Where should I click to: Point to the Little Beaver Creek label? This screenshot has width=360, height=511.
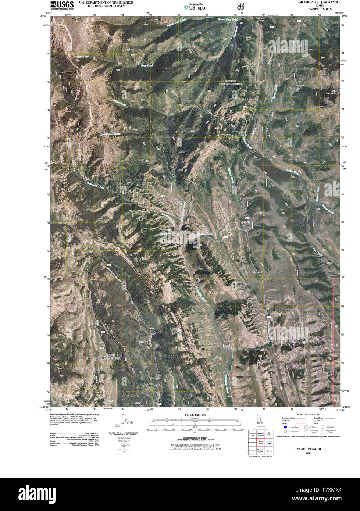coord(110,134)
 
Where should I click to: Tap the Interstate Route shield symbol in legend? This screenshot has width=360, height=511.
coord(286,427)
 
